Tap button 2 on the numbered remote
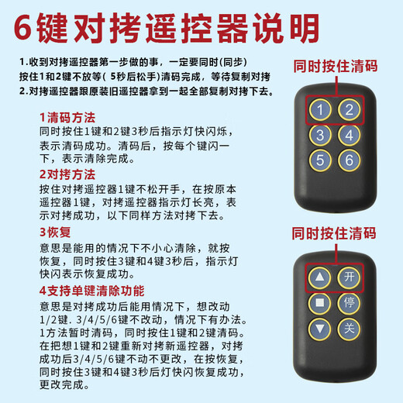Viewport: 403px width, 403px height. click(350, 110)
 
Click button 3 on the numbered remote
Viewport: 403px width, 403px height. click(320, 136)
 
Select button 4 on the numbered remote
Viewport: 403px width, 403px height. click(350, 136)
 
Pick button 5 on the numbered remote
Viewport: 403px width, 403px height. click(320, 161)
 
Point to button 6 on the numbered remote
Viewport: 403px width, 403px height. click(350, 161)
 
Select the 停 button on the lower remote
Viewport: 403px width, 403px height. click(349, 302)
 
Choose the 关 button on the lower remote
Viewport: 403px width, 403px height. click(349, 328)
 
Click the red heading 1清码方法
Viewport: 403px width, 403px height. click(67, 117)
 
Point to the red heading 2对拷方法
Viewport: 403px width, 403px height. click(67, 174)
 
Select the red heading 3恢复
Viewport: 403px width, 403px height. click(54, 232)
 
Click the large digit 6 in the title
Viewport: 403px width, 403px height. click(30, 29)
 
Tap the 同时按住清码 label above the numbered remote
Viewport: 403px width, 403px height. click(334, 67)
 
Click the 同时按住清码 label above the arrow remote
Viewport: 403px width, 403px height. click(334, 233)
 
